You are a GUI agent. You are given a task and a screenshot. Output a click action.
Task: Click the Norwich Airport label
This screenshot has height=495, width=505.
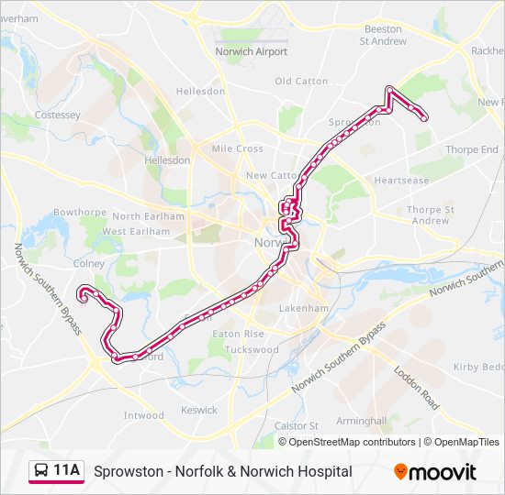click(x=251, y=52)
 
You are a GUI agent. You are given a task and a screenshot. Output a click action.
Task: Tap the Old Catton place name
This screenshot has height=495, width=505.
click(x=301, y=82)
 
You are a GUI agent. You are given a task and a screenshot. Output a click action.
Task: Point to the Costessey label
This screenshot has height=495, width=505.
click(x=57, y=115)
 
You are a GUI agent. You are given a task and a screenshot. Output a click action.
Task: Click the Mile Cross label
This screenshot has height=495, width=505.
click(x=237, y=148)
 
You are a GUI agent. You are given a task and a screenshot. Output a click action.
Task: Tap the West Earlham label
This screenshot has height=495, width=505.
click(x=136, y=232)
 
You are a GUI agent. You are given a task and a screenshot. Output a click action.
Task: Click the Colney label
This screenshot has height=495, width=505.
click(x=89, y=263)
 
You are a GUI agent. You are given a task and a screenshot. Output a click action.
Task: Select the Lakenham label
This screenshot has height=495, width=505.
click(x=303, y=309)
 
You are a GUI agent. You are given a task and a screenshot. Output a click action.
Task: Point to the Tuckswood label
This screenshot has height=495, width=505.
click(x=251, y=350)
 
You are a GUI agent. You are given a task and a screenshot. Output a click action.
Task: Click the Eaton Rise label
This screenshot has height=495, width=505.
click(x=238, y=335)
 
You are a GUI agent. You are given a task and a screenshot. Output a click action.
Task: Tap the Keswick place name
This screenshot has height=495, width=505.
click(x=199, y=411)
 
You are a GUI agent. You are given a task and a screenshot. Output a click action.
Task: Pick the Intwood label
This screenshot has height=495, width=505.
click(x=144, y=416)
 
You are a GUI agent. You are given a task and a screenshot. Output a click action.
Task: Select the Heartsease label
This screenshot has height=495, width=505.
click(x=401, y=181)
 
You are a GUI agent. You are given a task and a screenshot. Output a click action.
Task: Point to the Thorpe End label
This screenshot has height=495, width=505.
click(x=471, y=149)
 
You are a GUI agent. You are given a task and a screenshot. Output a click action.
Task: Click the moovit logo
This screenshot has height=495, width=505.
click(x=435, y=472)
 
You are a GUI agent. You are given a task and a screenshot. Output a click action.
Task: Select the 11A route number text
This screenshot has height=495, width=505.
click(x=67, y=471)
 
